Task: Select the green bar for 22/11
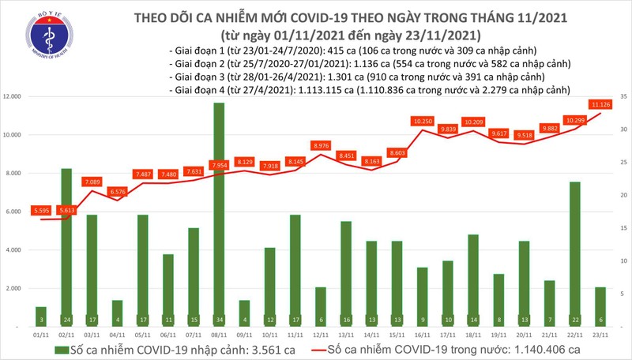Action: pyautogui.click(x=574, y=253)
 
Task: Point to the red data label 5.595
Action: pyautogui.click(x=41, y=211)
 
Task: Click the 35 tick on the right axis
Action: pyautogui.click(x=623, y=96)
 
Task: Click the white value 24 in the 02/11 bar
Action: pyautogui.click(x=67, y=320)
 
